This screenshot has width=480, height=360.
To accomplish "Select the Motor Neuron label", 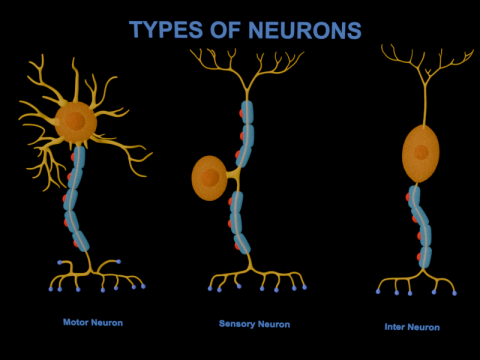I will click(92, 323).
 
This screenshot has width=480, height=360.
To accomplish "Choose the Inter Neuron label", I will click(412, 326).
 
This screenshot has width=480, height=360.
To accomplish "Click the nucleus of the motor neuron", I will click(74, 122).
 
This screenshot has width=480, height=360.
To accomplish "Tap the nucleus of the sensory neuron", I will click(210, 178).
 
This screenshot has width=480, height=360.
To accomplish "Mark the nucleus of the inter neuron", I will click(422, 153).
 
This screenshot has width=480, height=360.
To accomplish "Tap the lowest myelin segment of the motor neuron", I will click(79, 240).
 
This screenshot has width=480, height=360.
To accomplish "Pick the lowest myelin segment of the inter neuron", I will click(425, 255).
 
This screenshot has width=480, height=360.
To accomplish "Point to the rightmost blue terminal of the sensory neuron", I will click(303, 288).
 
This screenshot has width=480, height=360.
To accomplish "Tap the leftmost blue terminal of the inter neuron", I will click(378, 292).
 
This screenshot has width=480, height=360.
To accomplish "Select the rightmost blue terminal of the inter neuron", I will click(456, 293).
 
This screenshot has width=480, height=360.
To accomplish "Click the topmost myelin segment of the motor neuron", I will click(78, 157).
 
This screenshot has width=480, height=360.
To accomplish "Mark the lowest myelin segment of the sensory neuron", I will click(240, 241).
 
